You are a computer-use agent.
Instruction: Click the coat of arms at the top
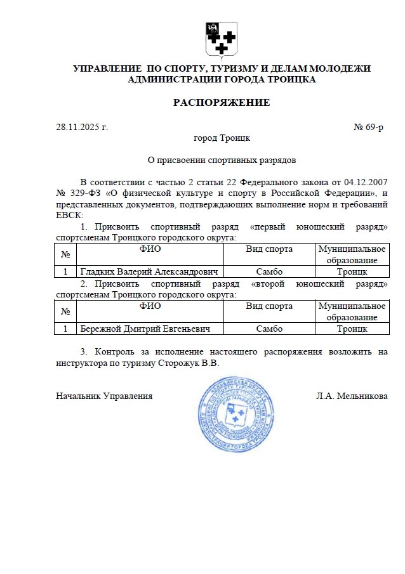point(222,39)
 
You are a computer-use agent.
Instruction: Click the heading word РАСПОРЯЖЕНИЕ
point(222,103)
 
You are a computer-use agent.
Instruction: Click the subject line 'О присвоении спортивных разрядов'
point(222,160)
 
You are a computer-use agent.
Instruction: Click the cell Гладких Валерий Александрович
point(150,271)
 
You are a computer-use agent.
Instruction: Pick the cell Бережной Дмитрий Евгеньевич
point(143,329)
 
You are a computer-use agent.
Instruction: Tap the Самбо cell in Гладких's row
point(269,271)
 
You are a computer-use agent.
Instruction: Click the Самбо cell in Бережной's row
point(269,329)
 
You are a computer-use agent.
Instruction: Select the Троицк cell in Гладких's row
point(352,271)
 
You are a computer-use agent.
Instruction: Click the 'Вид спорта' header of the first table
point(269,249)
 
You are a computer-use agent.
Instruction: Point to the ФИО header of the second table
point(150,306)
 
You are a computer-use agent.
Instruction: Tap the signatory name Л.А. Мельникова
point(352,396)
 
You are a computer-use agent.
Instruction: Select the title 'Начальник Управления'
point(104,396)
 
